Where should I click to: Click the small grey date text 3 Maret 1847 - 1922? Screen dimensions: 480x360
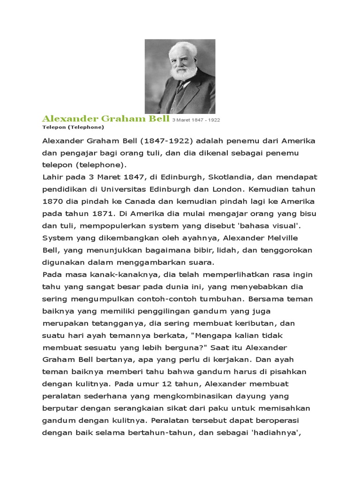click(x=196, y=120)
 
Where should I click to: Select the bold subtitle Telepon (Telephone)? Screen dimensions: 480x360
click(x=73, y=127)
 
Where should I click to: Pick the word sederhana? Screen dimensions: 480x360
click(x=103, y=397)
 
